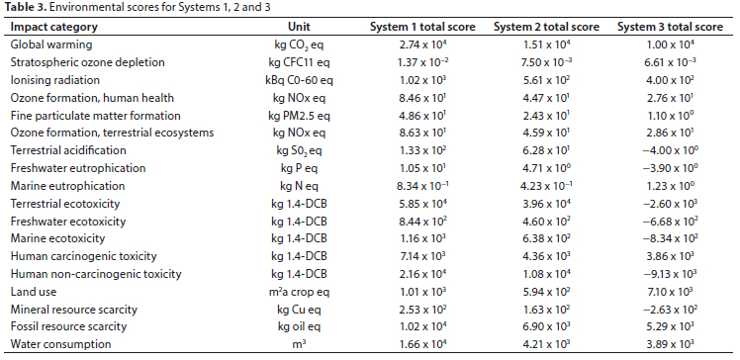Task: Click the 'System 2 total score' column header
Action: (546, 27)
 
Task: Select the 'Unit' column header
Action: (299, 27)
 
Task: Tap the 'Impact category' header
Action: (54, 27)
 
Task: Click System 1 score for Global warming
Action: (422, 45)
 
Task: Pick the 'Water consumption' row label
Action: (61, 344)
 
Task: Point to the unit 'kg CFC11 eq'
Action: (300, 62)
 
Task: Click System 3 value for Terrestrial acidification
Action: (670, 150)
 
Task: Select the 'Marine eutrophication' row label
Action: (67, 186)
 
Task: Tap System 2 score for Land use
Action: (546, 292)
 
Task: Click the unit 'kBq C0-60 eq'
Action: (300, 80)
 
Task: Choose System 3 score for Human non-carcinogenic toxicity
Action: (670, 274)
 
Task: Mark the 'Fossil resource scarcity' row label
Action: (68, 326)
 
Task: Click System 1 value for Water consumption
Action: (422, 344)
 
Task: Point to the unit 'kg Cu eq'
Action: (300, 310)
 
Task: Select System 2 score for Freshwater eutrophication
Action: (546, 168)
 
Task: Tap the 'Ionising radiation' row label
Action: (55, 80)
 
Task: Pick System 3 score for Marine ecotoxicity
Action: (670, 238)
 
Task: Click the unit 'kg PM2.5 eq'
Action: (300, 116)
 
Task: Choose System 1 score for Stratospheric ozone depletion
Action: (422, 62)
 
